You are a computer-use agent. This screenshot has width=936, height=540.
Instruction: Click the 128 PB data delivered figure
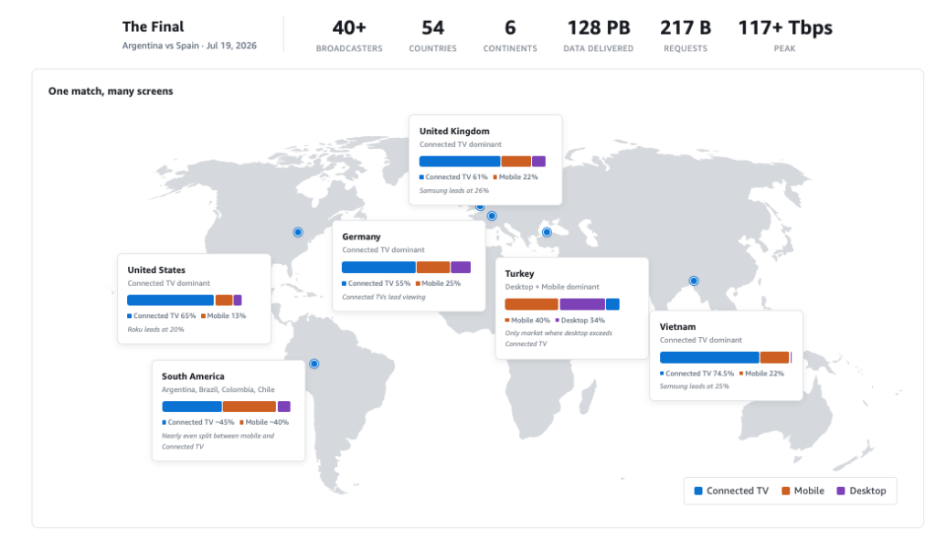click(x=598, y=28)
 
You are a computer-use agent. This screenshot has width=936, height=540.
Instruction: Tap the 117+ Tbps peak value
click(x=785, y=28)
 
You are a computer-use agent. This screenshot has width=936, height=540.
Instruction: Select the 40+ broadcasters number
click(x=349, y=28)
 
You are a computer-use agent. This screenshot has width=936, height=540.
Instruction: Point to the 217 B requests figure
click(x=686, y=28)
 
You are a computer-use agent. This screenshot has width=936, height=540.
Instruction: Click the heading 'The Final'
click(x=153, y=26)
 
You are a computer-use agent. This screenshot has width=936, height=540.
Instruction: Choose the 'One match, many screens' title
click(x=111, y=91)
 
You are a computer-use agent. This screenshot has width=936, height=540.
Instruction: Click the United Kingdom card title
click(x=454, y=132)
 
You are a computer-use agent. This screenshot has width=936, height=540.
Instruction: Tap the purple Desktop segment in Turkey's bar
click(x=582, y=304)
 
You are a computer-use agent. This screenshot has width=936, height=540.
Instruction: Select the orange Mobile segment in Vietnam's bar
click(x=774, y=357)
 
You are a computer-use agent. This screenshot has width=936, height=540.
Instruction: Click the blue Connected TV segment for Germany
click(x=378, y=268)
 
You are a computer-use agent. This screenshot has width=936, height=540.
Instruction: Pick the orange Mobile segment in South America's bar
click(x=249, y=407)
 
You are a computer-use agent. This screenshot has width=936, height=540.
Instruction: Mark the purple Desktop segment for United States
click(x=238, y=300)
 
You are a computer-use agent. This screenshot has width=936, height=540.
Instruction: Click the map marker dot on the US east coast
click(x=298, y=232)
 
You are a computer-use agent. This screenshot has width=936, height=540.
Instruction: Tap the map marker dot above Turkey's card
click(x=547, y=232)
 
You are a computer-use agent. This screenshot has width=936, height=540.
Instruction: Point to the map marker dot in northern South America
click(x=314, y=364)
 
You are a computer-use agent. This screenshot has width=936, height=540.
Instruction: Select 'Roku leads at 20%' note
click(x=155, y=329)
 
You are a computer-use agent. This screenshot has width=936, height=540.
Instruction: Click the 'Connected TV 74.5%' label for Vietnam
click(x=697, y=374)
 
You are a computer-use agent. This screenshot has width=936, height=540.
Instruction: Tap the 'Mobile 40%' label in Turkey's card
click(x=527, y=321)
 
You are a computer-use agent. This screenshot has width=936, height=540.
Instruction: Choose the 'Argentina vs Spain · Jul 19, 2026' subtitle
click(x=189, y=46)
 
